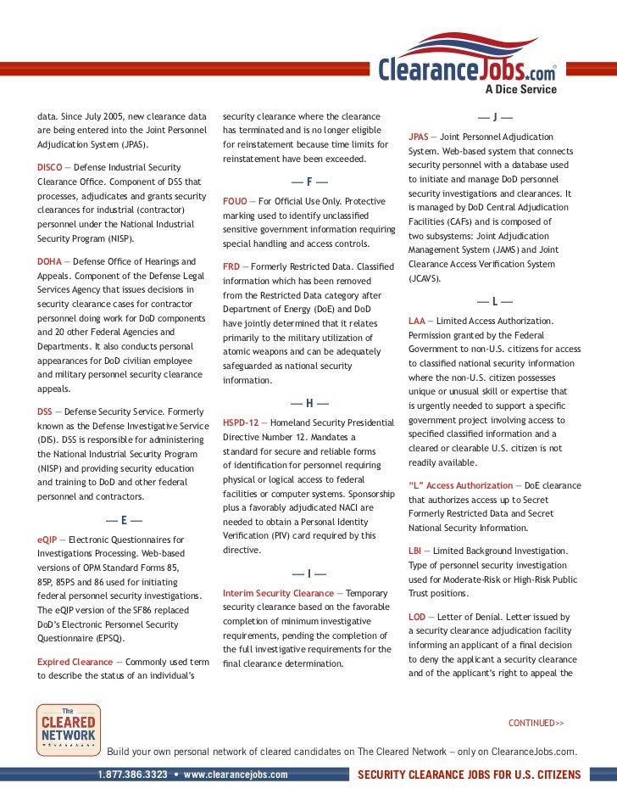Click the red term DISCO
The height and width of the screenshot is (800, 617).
click(x=51, y=166)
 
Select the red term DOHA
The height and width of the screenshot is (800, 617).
click(x=49, y=261)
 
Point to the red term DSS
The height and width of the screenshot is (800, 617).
click(x=46, y=411)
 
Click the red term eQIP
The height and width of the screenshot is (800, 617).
click(x=47, y=539)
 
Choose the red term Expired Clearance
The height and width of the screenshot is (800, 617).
click(x=75, y=661)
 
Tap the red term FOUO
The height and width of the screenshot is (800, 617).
click(x=235, y=201)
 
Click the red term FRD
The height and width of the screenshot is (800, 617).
click(x=231, y=266)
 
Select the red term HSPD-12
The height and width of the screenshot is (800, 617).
click(x=242, y=421)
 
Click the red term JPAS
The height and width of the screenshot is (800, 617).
click(x=418, y=137)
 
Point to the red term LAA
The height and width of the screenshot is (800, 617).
click(x=415, y=321)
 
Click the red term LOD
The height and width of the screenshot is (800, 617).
click(x=415, y=617)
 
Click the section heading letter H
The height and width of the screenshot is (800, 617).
click(x=309, y=401)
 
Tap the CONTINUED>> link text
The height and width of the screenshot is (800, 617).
click(x=536, y=723)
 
